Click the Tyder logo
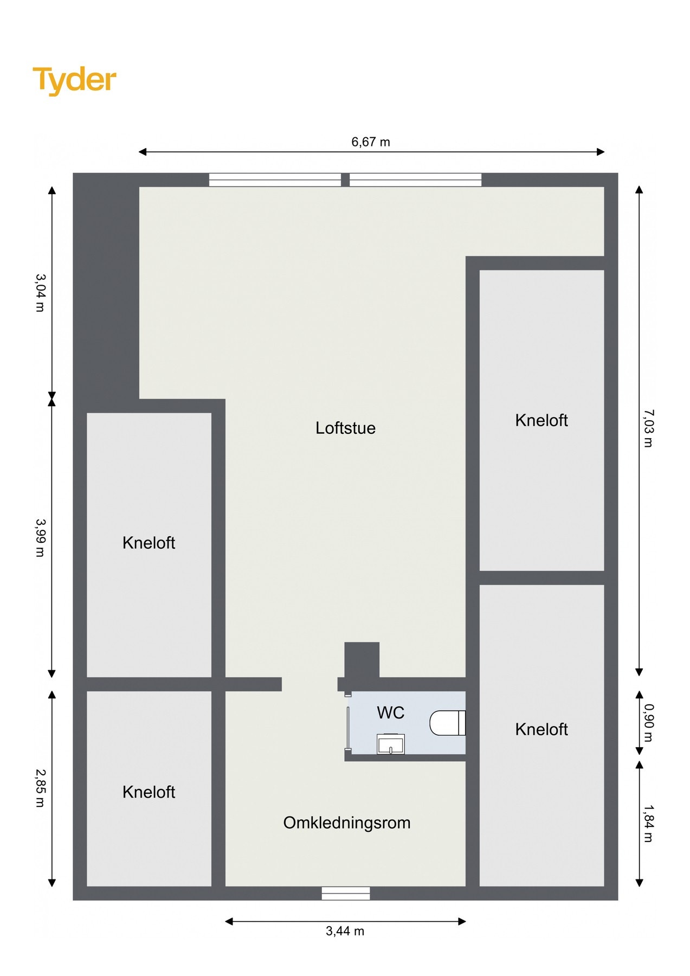[74, 80]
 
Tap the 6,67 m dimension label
[370, 142]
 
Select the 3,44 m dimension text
[345, 931]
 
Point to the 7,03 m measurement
[648, 428]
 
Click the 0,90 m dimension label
[648, 723]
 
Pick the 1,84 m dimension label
[648, 823]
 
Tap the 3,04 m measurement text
[40, 293]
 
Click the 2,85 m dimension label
[40, 788]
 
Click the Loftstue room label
[345, 428]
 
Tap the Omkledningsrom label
[347, 823]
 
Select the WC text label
[390, 712]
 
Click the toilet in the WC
[447, 723]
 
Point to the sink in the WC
[391, 744]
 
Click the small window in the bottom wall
[346, 893]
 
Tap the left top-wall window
[275, 179]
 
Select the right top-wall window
[415, 179]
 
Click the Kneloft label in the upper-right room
[541, 420]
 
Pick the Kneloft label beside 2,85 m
[149, 792]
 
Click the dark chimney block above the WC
[362, 659]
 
